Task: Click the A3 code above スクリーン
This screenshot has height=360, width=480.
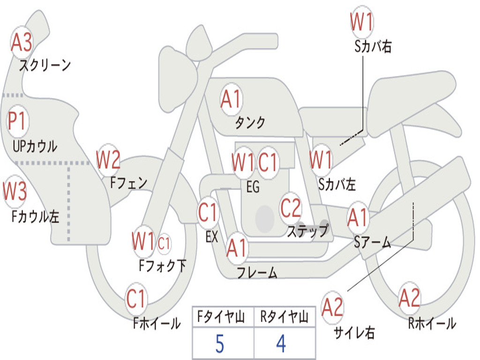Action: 22,42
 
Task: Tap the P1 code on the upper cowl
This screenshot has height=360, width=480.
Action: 17,121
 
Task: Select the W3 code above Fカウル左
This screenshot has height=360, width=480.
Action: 15,191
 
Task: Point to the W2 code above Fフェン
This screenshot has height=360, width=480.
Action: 108,159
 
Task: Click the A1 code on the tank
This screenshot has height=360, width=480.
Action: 231,99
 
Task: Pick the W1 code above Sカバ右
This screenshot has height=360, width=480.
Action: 361,22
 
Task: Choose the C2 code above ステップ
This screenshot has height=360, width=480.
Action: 291,208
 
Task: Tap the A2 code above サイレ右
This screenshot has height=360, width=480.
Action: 332,307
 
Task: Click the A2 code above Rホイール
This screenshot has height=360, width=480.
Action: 409,298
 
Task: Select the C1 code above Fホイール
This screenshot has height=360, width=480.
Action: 135,299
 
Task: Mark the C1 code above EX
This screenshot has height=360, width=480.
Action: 208,212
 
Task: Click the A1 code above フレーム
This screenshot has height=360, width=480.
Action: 236,247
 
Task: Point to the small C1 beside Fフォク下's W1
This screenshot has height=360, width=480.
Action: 164,244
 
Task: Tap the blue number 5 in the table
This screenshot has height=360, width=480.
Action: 220,344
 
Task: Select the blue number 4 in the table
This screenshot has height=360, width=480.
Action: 281,344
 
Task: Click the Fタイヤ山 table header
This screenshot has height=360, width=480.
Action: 221,317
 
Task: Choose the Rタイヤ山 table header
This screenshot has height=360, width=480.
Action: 284,317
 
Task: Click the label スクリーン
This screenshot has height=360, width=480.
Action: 45,65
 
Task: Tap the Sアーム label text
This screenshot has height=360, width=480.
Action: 373,242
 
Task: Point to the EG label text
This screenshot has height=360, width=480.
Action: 253,187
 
